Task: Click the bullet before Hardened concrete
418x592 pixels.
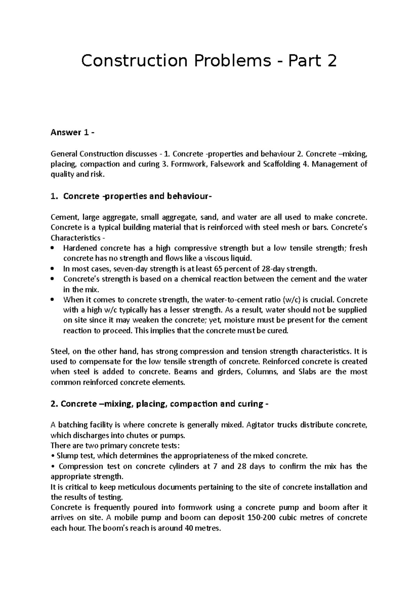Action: point(53,249)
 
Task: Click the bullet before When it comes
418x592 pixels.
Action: point(53,300)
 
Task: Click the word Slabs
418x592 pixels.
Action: point(307,372)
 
